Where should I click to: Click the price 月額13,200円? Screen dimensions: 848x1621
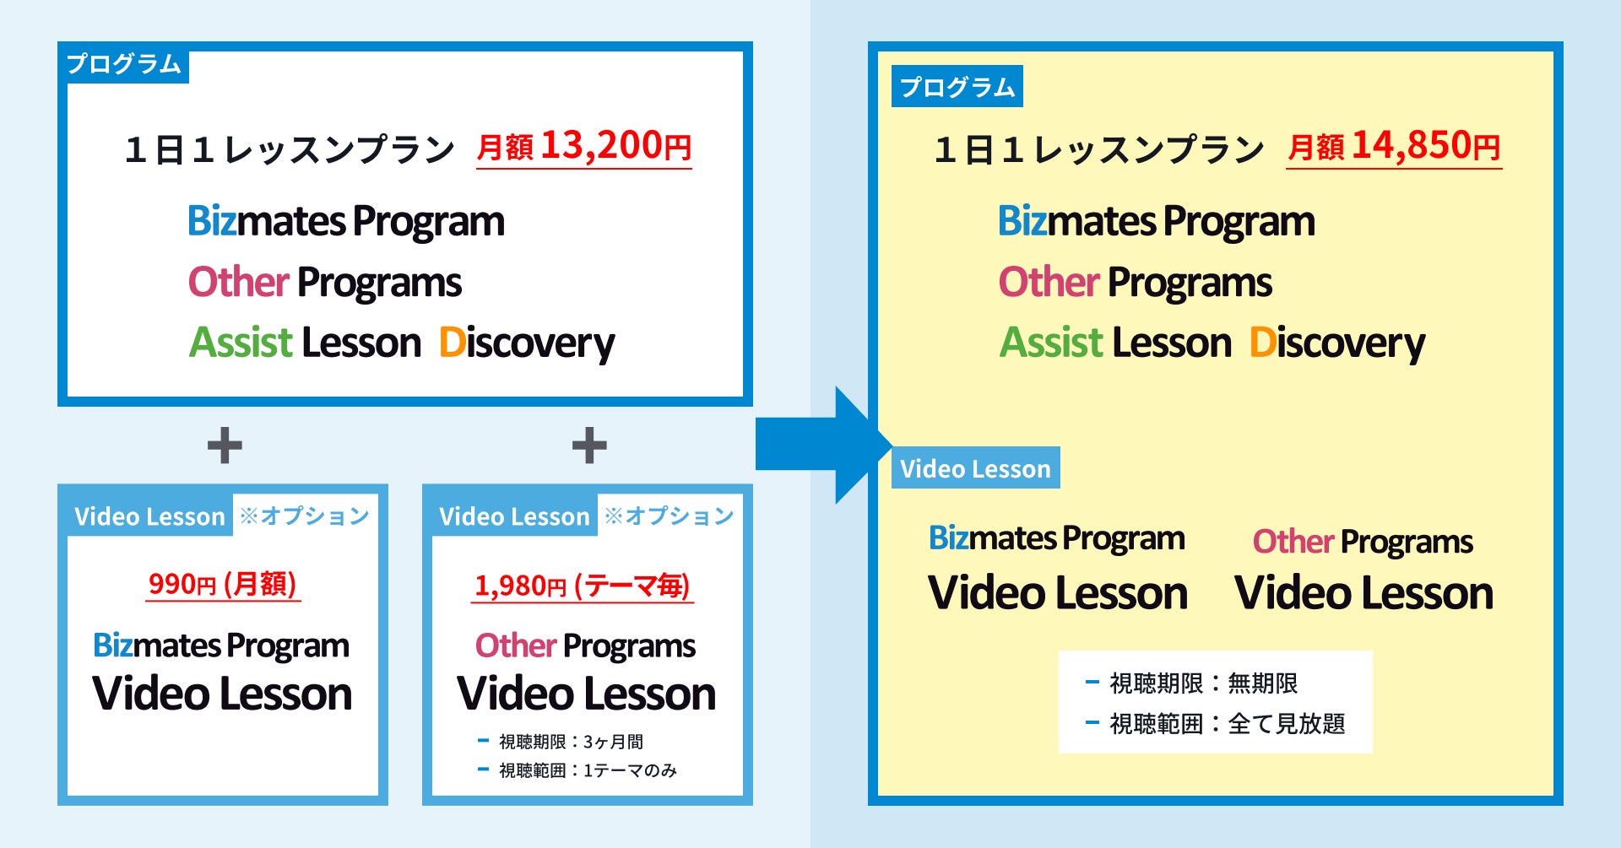point(583,147)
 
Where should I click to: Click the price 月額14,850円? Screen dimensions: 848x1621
point(1393,147)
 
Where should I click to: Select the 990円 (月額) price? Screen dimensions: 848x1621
point(222,584)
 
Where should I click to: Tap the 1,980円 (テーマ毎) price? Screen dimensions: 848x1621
point(582,586)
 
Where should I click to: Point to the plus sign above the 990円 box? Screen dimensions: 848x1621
point(225,446)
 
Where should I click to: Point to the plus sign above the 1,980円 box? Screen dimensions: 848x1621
point(589,446)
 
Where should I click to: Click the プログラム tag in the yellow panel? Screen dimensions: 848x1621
point(957,86)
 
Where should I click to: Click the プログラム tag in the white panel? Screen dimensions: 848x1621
point(124,64)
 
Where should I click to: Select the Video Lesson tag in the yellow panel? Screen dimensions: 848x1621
point(975,468)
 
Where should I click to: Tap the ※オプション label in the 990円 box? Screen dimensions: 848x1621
point(305,516)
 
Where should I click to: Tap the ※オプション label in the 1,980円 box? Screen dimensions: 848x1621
point(670,516)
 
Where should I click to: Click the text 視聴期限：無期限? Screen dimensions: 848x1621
point(1203,683)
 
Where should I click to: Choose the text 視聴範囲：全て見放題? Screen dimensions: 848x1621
point(1226,723)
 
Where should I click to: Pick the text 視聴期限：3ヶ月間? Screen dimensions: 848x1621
point(571,742)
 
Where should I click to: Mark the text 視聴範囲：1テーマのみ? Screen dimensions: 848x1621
point(588,770)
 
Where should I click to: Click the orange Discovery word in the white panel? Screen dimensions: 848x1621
point(527,343)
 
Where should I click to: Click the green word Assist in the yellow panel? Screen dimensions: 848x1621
point(1051,343)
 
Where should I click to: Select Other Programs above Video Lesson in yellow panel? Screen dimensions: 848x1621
point(1363,542)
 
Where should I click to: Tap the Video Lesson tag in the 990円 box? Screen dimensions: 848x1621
point(149,516)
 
